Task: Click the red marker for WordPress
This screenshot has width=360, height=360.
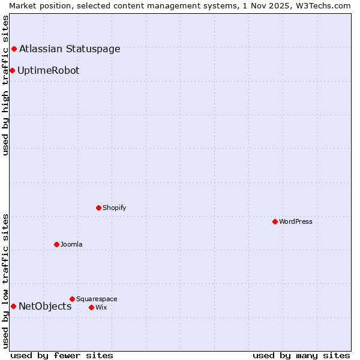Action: point(275,221)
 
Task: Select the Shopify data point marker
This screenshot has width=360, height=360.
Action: point(98,208)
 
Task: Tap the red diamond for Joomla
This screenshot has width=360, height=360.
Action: point(56,244)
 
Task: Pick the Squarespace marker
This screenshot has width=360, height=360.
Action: point(72,299)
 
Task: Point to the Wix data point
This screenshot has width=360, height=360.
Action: point(91,307)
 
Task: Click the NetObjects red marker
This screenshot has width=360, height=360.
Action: point(13,306)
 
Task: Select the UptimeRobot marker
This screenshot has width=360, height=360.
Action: point(12,70)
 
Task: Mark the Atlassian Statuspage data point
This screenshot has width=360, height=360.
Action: point(14,49)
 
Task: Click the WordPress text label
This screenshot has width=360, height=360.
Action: point(296,221)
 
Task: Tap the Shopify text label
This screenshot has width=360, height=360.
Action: point(114,208)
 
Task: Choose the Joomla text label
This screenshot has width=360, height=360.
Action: point(71,244)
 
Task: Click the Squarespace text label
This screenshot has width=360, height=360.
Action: point(97,299)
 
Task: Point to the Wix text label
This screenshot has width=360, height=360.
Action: point(101,307)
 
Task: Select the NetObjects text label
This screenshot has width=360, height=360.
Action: point(45,306)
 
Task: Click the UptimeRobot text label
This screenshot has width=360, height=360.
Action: point(48,70)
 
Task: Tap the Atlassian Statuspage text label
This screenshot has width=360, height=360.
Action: point(70,49)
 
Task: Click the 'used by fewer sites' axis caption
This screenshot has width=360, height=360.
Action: point(62,355)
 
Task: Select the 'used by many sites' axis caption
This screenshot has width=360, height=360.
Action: point(301,355)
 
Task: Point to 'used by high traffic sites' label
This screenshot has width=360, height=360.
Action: point(5,85)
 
